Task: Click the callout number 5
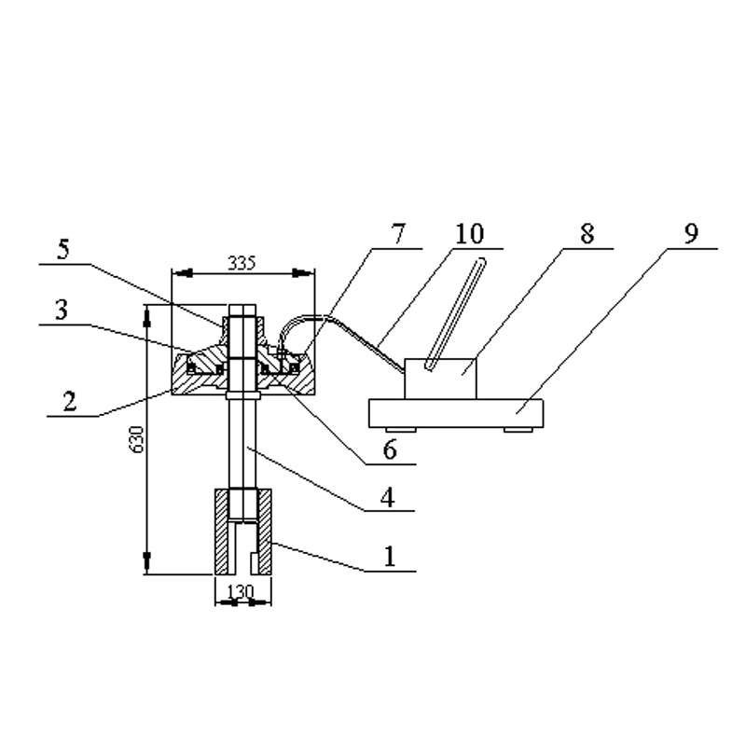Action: [x=63, y=249]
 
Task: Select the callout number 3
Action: [x=62, y=310]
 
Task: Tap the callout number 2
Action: [x=69, y=401]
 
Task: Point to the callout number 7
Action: [x=398, y=234]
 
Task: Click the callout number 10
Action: [x=470, y=234]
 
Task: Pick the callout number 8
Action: [x=587, y=234]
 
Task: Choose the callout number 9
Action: [x=691, y=234]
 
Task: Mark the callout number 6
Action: [x=390, y=449]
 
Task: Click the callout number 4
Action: [x=388, y=498]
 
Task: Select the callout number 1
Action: [x=390, y=556]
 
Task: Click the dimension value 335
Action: [x=242, y=263]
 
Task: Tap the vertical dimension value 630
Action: [x=137, y=439]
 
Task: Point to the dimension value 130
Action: [x=241, y=592]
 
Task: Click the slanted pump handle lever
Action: [x=455, y=314]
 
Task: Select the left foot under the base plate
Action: [x=400, y=430]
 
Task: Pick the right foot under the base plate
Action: [x=518, y=430]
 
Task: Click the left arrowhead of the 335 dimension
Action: [x=183, y=273]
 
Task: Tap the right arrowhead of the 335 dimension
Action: [x=302, y=273]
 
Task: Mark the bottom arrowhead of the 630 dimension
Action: [x=147, y=563]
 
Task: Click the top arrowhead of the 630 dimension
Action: [x=147, y=316]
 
